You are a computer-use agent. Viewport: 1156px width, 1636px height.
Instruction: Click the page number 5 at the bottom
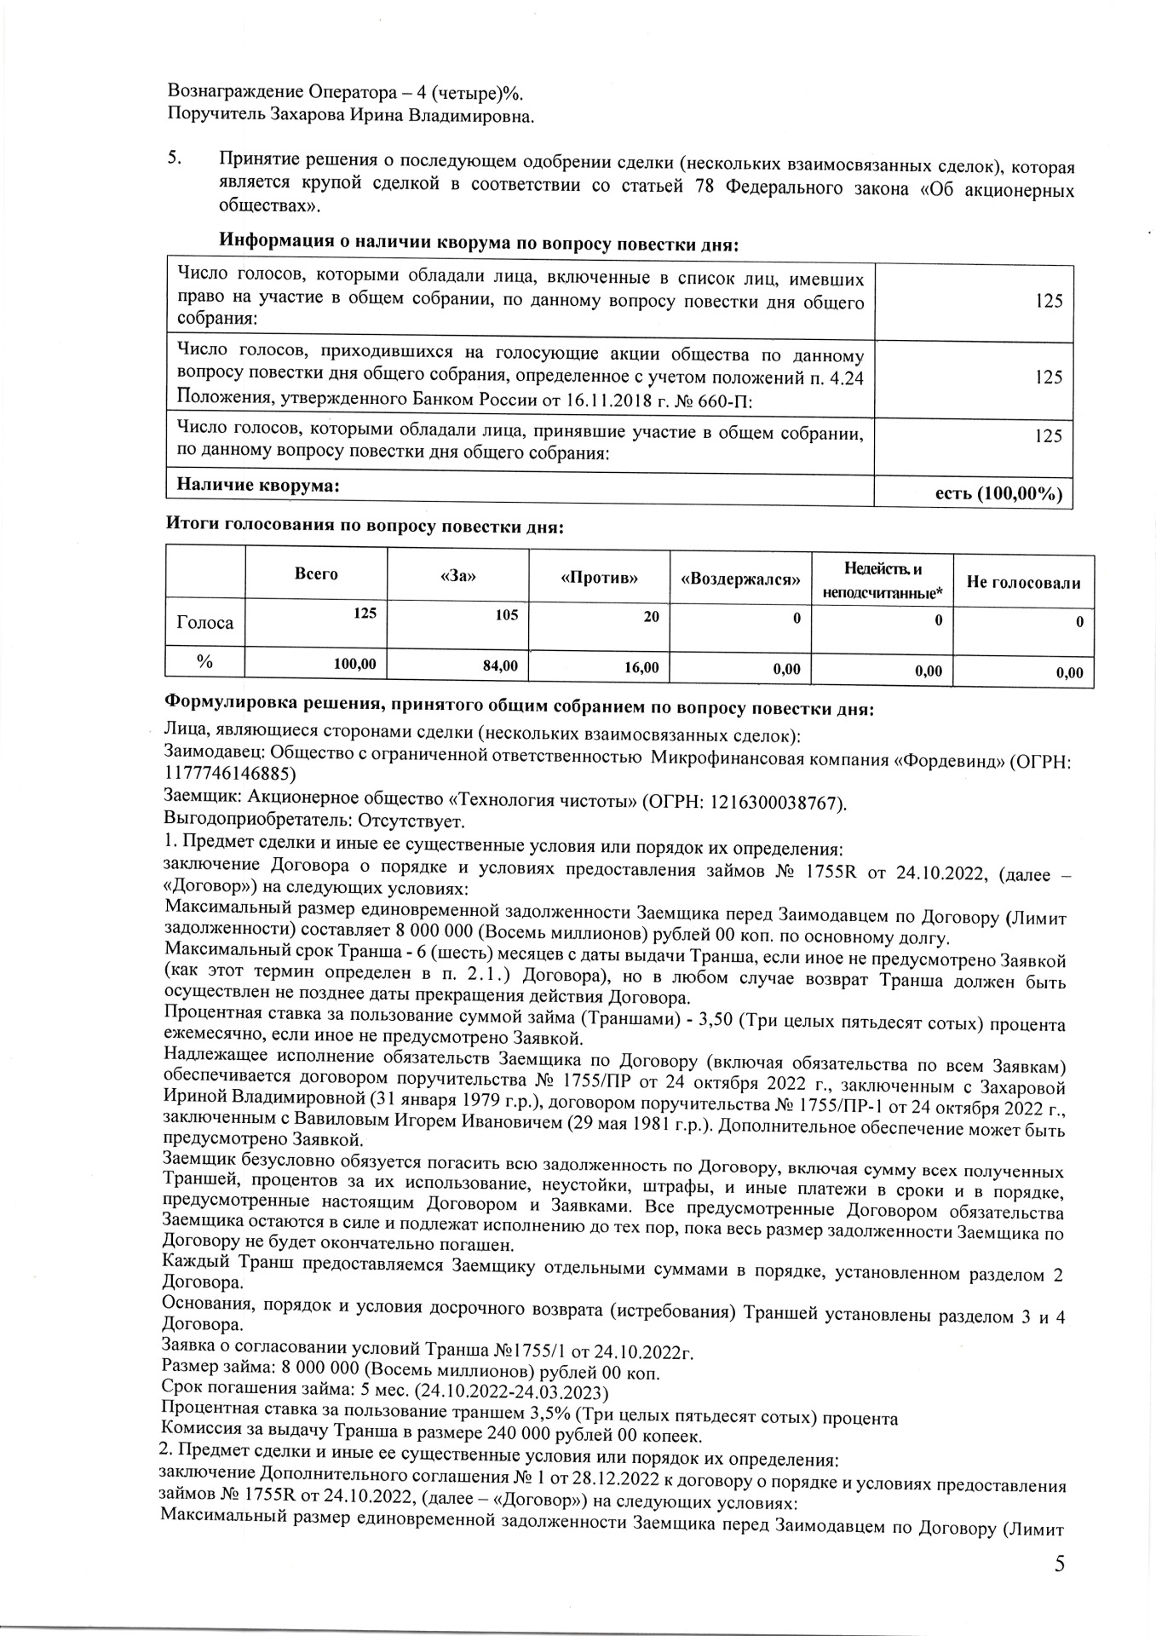tap(1059, 1564)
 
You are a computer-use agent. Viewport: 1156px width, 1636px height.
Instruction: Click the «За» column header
tap(457, 577)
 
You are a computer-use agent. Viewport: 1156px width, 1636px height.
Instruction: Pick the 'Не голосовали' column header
tap(1023, 583)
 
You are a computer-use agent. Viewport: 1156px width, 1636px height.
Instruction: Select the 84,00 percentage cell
tap(500, 665)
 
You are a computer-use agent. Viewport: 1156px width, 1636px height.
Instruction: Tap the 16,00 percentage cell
tap(641, 668)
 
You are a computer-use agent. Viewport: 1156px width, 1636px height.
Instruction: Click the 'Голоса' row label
tap(204, 622)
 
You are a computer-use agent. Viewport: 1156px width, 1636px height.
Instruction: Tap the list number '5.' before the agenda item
tap(174, 158)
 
